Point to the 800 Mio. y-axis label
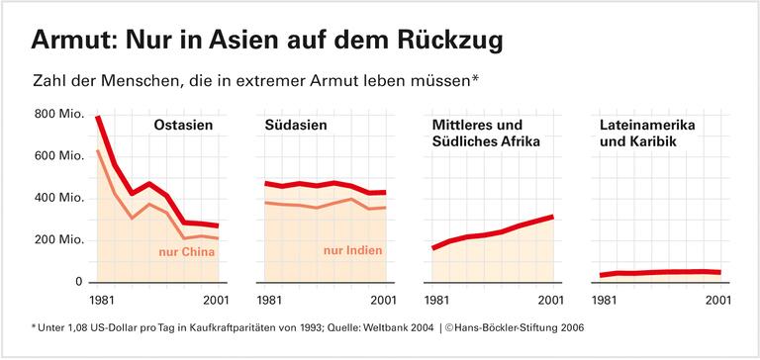56,115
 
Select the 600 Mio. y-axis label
56,156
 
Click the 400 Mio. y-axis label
56,198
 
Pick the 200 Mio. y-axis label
56,240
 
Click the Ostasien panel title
185,126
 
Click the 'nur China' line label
187,252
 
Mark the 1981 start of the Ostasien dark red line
97,118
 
